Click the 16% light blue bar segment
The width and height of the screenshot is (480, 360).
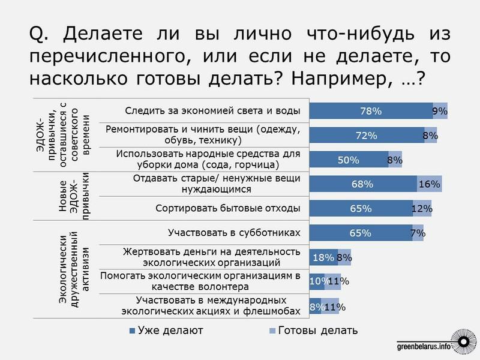(430, 185)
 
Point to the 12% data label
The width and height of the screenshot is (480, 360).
(422, 209)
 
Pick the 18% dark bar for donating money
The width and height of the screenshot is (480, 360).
(323, 258)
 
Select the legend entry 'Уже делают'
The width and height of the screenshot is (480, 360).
(166, 331)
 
